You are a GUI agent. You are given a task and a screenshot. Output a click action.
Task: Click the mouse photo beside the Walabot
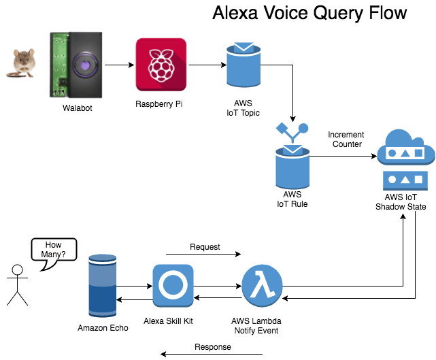(22, 62)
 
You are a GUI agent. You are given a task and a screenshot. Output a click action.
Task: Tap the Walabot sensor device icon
(77, 65)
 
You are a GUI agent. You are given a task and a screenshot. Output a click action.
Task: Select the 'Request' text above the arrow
(205, 246)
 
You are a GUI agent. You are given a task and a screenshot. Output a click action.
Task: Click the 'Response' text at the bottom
(213, 346)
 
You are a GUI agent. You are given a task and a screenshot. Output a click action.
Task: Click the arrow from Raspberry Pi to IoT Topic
(206, 66)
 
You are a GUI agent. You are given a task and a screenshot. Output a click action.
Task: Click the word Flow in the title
(380, 13)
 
